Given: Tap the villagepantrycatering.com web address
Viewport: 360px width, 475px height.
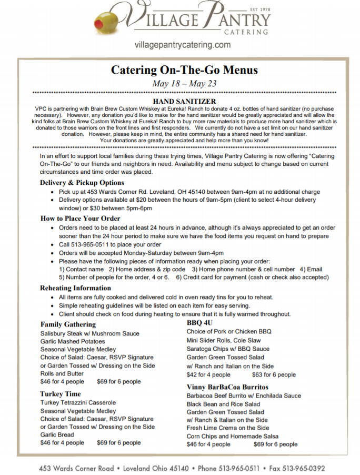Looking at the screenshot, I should pos(183,45).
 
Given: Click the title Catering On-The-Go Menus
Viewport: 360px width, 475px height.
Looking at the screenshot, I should pos(184,70).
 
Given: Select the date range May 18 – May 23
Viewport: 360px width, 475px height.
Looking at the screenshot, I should pos(184,84).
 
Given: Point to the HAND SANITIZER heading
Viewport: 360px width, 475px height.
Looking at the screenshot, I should pos(184,101).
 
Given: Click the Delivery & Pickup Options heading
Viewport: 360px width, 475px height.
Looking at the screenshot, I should pos(82,183).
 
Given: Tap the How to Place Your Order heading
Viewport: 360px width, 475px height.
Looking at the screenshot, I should pos(81,218).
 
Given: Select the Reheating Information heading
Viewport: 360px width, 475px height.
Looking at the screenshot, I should pos(76,288).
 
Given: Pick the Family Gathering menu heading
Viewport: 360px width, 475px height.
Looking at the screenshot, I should pos(68,324).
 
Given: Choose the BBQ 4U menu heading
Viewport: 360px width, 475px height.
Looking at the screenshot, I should pos(199,322).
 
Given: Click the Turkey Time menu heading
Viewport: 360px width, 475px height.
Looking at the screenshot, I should pos(61,394).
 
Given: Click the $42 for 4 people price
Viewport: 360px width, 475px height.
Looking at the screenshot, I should pos(208,375).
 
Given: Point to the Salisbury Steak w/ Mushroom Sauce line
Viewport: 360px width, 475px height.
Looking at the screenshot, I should pos(89,333).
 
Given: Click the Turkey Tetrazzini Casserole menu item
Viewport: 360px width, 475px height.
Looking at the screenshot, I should pos(78,403).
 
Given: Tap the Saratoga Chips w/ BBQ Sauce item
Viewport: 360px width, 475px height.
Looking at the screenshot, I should pos(228,349).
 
